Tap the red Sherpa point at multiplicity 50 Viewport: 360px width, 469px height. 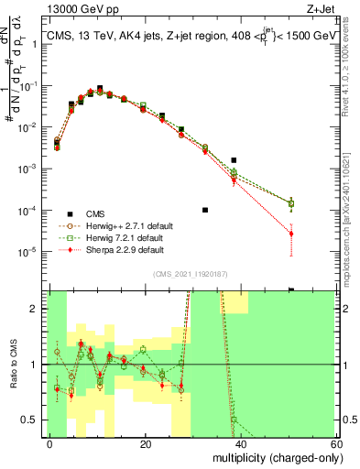290,234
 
